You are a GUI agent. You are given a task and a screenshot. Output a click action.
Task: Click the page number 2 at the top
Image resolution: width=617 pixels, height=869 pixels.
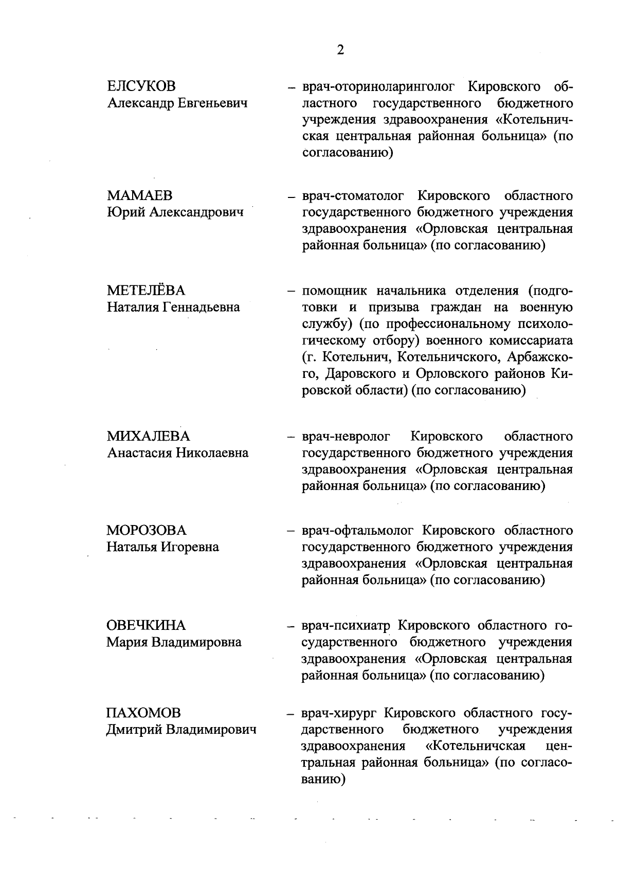[340, 50]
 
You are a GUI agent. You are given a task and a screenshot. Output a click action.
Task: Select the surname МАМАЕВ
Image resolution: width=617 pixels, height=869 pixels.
[139, 195]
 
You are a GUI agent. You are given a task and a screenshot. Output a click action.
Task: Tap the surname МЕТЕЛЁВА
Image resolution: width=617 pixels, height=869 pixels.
[146, 291]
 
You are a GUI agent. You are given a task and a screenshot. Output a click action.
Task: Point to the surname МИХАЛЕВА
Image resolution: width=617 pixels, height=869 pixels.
[149, 436]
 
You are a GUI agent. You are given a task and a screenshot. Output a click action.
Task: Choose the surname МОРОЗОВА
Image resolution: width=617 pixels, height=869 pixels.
[147, 530]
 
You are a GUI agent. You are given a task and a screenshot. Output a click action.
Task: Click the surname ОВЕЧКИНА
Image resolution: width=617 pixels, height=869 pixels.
[146, 625]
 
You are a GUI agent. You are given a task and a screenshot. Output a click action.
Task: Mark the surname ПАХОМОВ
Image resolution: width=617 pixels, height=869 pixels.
[143, 713]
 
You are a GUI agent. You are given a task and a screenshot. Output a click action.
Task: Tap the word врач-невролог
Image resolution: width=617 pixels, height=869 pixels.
[346, 437]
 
